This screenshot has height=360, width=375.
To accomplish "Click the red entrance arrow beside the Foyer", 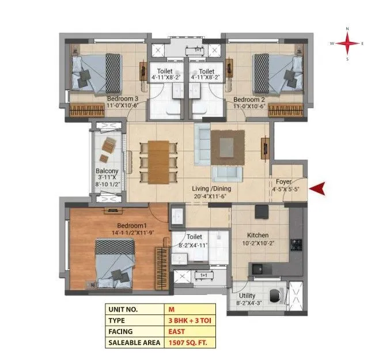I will (x=319, y=187).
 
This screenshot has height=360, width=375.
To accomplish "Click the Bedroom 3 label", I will (x=122, y=98).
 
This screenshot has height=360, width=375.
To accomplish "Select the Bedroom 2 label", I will (x=249, y=98).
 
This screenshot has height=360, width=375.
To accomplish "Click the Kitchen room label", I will (x=257, y=236).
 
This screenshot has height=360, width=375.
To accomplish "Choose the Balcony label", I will (x=107, y=171).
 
